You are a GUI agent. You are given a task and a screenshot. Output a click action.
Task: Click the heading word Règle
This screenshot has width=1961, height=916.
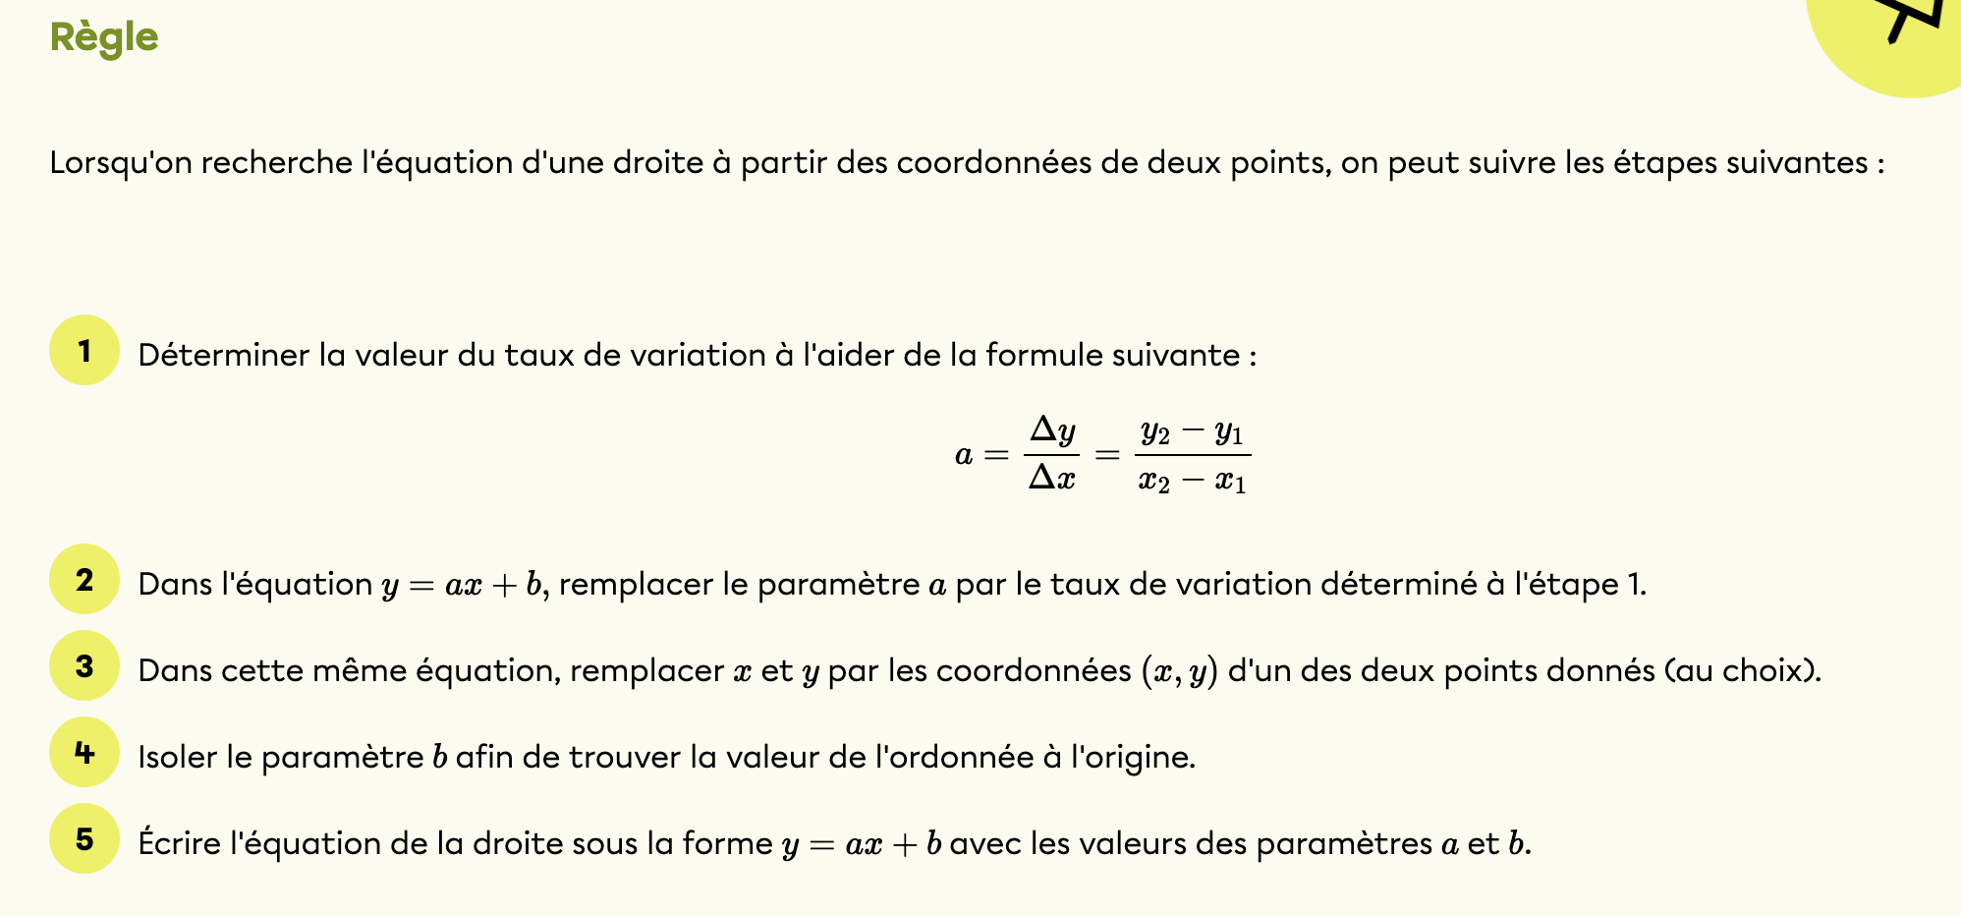point(103,37)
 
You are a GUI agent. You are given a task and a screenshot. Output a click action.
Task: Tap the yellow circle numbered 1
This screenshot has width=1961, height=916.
point(84,350)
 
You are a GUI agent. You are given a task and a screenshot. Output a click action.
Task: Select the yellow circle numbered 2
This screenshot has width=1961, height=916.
point(84,580)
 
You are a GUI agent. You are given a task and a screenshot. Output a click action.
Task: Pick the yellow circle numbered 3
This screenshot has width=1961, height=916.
point(84,666)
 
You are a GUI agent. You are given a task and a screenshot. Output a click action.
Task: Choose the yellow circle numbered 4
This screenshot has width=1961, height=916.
point(84,753)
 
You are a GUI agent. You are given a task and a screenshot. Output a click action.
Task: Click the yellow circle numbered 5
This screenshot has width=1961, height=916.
point(84,839)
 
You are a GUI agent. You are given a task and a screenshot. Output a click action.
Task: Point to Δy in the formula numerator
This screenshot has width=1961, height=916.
point(1051,430)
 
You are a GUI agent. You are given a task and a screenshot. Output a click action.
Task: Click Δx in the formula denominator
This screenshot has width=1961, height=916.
point(1051,479)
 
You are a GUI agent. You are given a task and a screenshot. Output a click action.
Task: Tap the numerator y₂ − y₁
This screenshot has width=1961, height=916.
point(1192,431)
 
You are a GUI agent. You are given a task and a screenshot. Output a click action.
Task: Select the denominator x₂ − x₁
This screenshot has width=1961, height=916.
point(1192,481)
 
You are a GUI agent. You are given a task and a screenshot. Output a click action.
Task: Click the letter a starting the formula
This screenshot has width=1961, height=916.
point(964,455)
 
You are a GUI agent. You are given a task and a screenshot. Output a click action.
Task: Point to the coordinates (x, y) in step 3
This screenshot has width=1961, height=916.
point(1179,671)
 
